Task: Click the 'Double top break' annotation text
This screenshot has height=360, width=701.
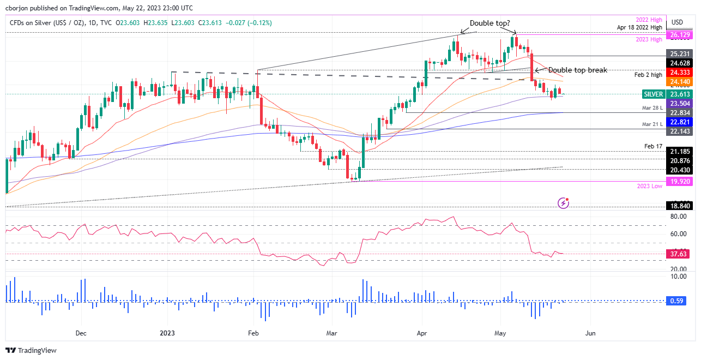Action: tap(577, 70)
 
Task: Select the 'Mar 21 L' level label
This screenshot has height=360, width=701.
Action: tap(652, 125)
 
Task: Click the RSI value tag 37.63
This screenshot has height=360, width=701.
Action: tap(679, 254)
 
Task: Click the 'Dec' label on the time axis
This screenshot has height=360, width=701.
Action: tap(81, 332)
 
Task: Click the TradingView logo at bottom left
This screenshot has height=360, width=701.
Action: tap(31, 350)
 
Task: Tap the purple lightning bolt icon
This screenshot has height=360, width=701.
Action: tap(564, 203)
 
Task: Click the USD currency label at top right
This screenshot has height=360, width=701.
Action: tap(678, 22)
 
